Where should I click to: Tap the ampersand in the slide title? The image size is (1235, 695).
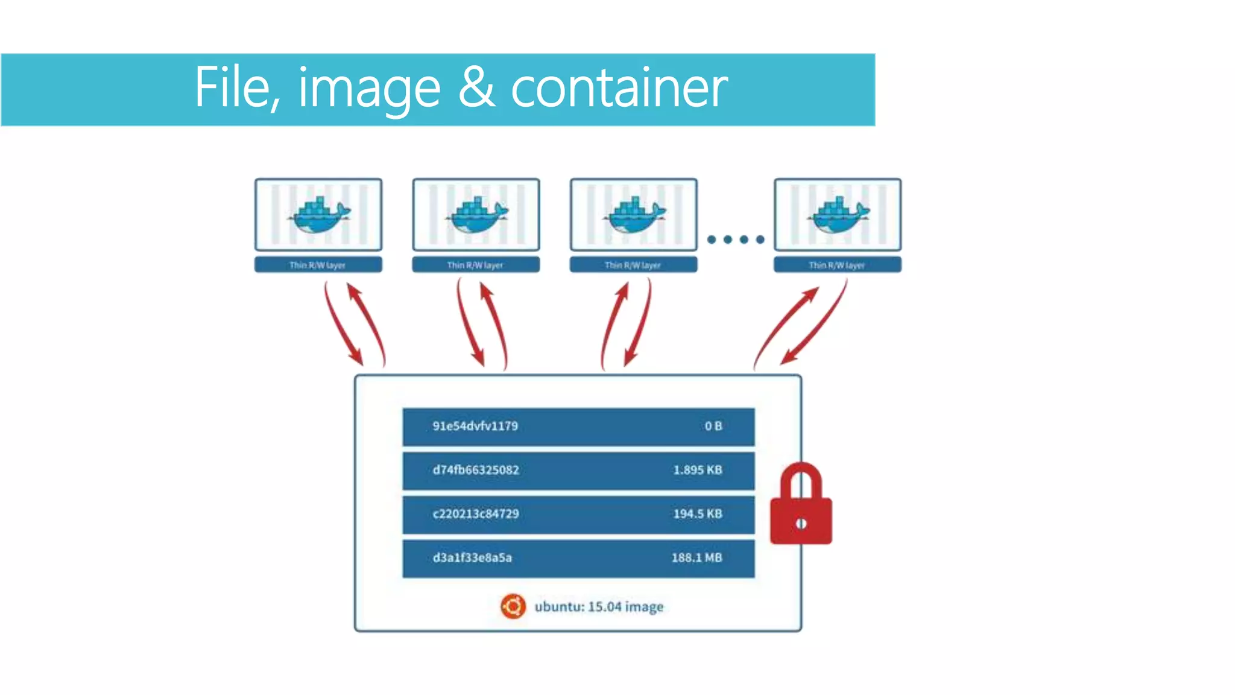point(476,88)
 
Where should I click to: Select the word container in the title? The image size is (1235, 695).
point(619,88)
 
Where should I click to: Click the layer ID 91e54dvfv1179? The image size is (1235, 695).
point(475,426)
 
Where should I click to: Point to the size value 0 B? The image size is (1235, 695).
point(713,426)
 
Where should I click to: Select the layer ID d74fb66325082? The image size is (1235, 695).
point(475,470)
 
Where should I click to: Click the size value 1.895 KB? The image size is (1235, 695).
point(697,470)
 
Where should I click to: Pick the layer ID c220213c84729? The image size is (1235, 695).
point(475,514)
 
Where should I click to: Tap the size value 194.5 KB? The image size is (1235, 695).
point(697,514)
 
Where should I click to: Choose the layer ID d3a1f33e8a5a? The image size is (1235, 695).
point(472,558)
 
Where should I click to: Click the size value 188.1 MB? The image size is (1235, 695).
point(696,558)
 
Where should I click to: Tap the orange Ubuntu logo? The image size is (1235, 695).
point(513,606)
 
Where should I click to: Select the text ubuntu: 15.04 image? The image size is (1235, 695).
point(598,606)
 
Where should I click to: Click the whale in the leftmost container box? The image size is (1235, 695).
point(319,216)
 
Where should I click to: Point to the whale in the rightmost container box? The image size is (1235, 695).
point(839,216)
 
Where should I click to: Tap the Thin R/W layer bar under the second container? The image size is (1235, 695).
point(476,265)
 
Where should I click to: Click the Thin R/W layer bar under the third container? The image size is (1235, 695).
point(633,265)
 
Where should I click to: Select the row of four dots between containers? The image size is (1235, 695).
point(736,240)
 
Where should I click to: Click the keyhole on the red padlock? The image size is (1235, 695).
point(801,524)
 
